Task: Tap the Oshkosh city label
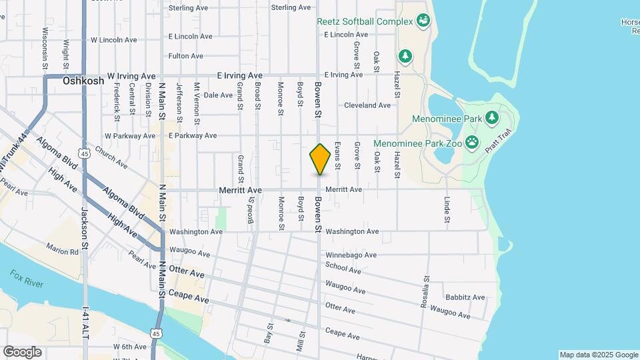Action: point(83,81)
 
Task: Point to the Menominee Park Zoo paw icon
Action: point(473,141)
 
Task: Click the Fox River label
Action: point(27,279)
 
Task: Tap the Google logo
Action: point(22,352)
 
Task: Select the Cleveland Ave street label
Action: point(367,105)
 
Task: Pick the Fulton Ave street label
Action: point(186,56)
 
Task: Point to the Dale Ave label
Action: point(217,95)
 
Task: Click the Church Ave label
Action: point(111,157)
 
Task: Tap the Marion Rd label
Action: point(63,251)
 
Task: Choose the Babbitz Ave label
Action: point(465,297)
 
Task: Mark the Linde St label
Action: point(447,209)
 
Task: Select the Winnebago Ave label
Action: point(351,255)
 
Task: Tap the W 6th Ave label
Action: point(129,347)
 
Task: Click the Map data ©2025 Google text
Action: point(598,355)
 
